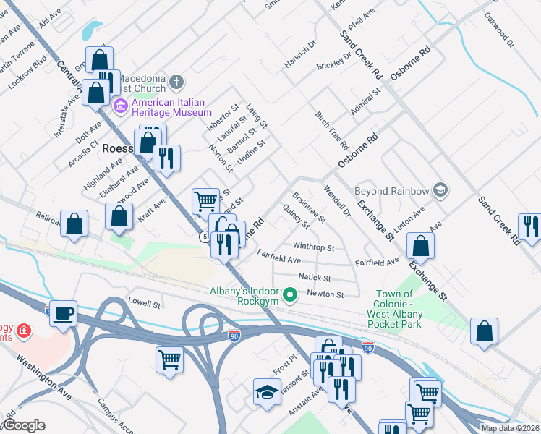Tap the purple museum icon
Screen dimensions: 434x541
pos(121,108)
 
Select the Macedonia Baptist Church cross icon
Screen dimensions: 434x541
pos(177,81)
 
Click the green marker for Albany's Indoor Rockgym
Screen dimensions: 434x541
pos(290,294)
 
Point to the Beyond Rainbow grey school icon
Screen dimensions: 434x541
pos(440,191)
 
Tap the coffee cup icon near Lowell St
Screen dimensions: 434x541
pos(64,313)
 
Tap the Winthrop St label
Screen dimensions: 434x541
pos(313,247)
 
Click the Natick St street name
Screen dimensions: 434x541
pos(314,278)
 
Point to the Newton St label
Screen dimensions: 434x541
pos(323,294)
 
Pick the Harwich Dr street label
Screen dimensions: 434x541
pos(300,54)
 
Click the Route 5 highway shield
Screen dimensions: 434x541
pos(205,237)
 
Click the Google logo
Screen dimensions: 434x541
pos(24,425)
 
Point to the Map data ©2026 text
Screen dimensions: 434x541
pos(510,428)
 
